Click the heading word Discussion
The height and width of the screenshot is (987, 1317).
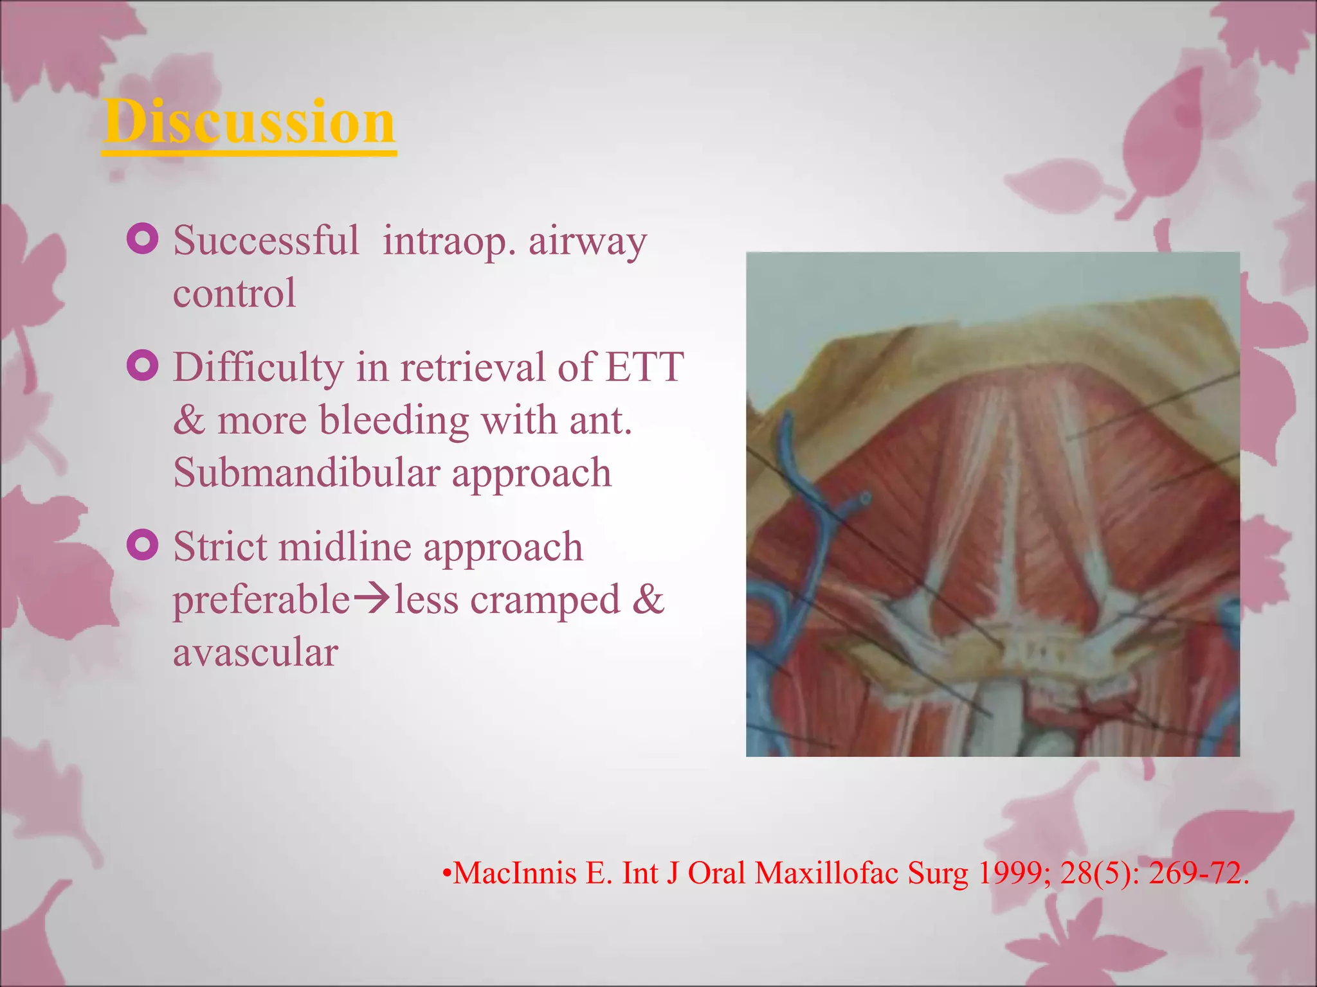click(249, 122)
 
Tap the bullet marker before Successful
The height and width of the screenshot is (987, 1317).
click(143, 238)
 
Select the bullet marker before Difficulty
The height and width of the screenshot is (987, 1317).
click(143, 366)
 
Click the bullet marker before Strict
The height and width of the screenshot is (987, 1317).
click(143, 545)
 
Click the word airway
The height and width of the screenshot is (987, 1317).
click(587, 243)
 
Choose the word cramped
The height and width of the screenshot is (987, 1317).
click(545, 600)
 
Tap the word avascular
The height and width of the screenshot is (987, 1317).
click(255, 652)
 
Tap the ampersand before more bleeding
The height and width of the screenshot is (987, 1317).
click(188, 421)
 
